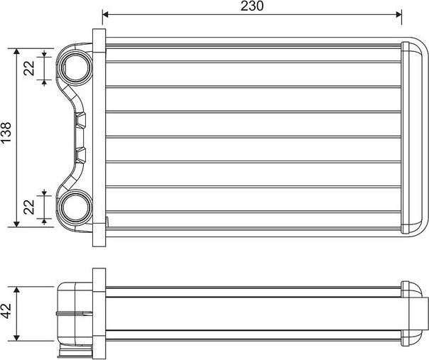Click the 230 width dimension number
pyautogui.click(x=252, y=6)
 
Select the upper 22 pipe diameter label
pyautogui.click(x=29, y=68)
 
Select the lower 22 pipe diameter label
pyautogui.click(x=29, y=207)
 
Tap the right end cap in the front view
pyautogui.click(x=411, y=137)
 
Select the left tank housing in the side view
pyautogui.click(x=73, y=313)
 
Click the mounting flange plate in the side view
pyautogui.click(x=99, y=313)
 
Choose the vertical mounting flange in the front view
pyautogui.click(x=99, y=137)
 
